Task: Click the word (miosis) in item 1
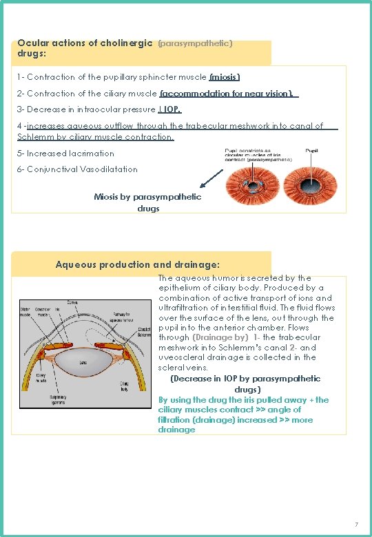coord(225,77)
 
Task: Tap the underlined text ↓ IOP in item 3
coord(169,109)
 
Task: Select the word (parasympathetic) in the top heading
coord(195,43)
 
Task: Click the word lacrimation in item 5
coord(92,154)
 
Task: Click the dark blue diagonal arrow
coord(211,178)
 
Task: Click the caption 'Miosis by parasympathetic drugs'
coord(148,202)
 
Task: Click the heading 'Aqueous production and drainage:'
coord(137,264)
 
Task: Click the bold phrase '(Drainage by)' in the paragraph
coord(221,337)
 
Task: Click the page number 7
coord(355,525)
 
